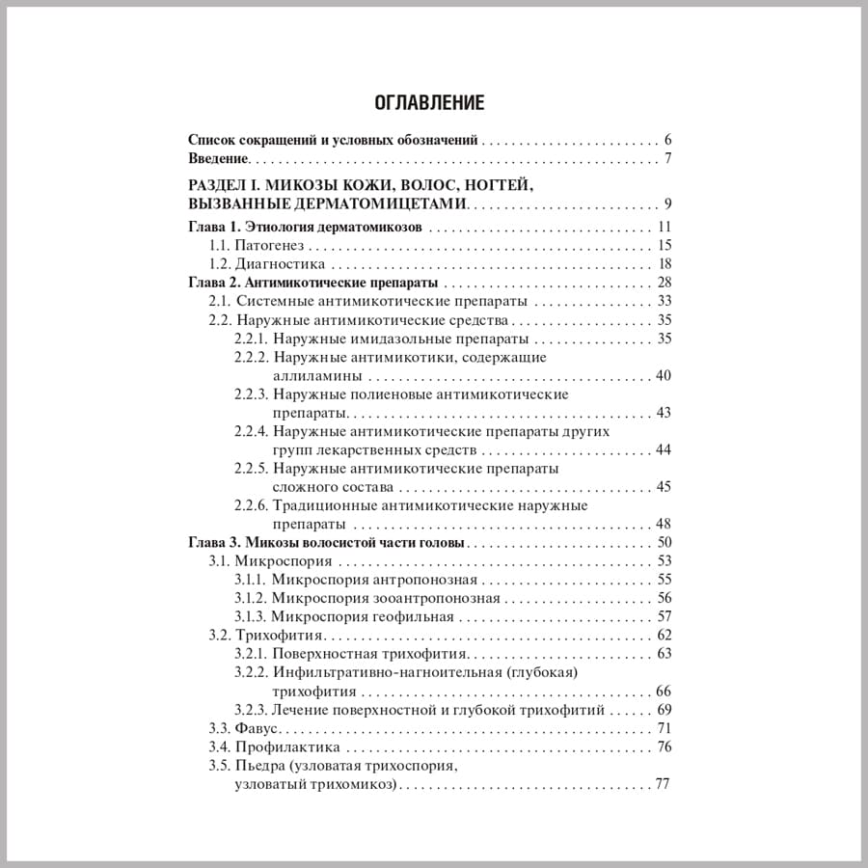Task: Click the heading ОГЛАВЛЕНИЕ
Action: coord(428,101)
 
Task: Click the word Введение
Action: coord(218,158)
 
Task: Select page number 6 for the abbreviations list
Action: coord(667,138)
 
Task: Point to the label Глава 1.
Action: coord(211,228)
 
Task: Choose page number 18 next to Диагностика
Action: coord(664,264)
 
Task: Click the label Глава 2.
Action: coord(211,283)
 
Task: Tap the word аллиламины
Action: coord(317,375)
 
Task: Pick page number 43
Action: coord(664,413)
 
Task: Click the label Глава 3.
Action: coord(211,542)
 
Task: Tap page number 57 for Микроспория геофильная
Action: coord(664,616)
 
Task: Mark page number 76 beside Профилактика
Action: coord(664,746)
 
